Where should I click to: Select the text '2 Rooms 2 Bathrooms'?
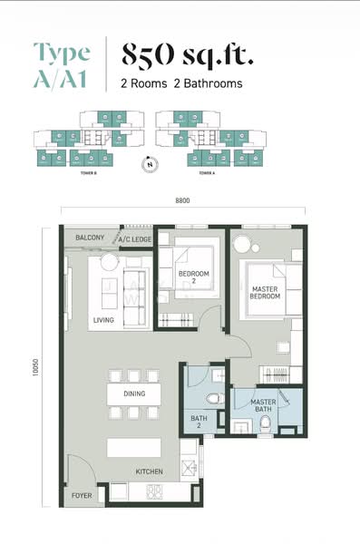(x=181, y=83)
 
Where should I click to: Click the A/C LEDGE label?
(x=134, y=239)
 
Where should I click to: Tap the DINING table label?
(x=133, y=394)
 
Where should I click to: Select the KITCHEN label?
(x=149, y=472)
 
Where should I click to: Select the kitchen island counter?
(x=134, y=447)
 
